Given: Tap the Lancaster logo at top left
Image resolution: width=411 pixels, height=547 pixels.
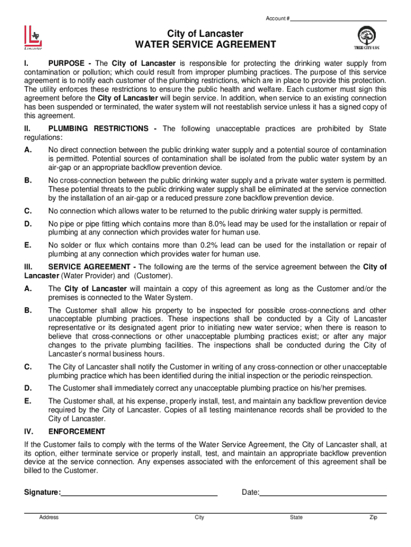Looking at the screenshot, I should (x=32, y=37).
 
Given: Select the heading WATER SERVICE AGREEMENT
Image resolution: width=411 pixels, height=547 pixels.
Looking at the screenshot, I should (x=205, y=44).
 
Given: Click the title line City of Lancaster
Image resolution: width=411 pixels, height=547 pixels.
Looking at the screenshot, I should (x=205, y=34).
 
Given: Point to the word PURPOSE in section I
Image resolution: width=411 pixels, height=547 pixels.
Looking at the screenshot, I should (x=66, y=64).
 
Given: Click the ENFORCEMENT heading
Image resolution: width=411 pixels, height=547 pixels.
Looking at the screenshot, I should (x=77, y=432).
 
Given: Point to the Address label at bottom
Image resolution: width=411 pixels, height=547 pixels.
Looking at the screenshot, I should (x=49, y=517).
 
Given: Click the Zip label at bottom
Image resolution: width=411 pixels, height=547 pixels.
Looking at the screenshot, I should (x=373, y=517).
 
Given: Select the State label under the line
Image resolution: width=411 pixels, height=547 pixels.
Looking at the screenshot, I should (x=296, y=517).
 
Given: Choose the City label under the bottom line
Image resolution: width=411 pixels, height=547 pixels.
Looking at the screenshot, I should (x=200, y=517).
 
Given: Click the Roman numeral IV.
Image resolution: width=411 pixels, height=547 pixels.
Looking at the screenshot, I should (x=29, y=432).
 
